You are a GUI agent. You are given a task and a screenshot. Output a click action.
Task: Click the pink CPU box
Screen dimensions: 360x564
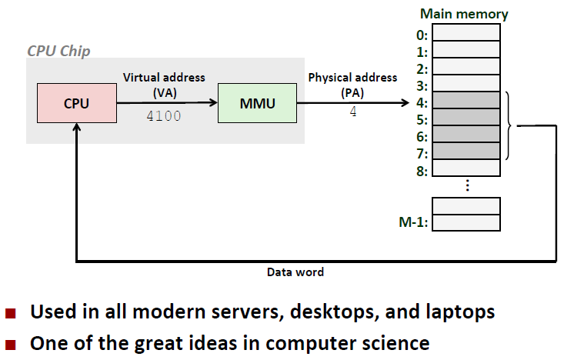(x=75, y=103)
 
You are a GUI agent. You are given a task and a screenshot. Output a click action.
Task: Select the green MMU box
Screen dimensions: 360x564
(x=257, y=103)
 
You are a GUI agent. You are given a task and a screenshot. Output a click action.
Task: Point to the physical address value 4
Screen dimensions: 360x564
(x=353, y=112)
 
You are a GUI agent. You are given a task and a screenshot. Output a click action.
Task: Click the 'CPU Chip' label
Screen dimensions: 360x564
(x=58, y=51)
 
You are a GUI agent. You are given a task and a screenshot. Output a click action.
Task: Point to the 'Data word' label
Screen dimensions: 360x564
(x=295, y=272)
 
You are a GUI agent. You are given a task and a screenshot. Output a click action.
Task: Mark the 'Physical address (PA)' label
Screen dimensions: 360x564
(x=352, y=84)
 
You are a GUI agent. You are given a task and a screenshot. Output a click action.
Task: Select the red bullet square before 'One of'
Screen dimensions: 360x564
(x=11, y=341)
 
